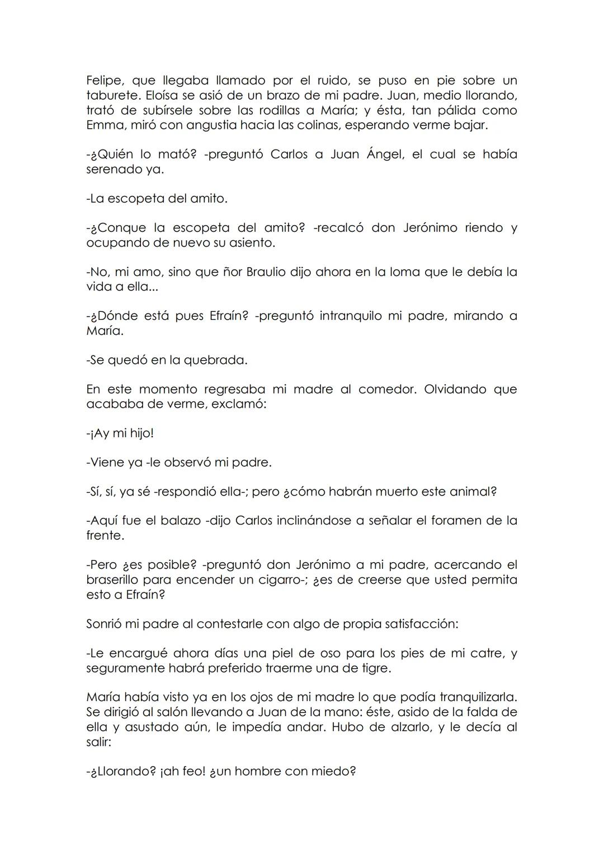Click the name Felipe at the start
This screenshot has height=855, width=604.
(x=104, y=81)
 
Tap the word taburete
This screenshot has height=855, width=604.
(x=111, y=96)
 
